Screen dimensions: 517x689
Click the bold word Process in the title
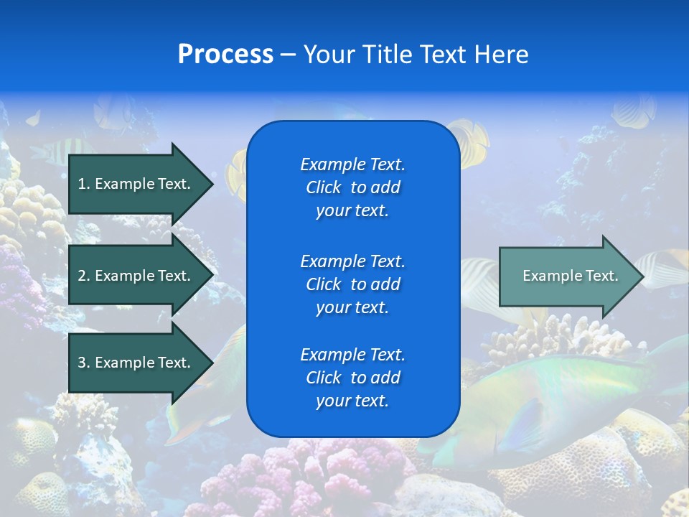[x=225, y=55]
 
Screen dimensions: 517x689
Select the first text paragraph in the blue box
[x=352, y=187]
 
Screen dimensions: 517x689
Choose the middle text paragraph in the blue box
[x=352, y=284]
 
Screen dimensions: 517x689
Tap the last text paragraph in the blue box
[x=352, y=378]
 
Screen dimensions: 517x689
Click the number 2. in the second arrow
[x=84, y=276]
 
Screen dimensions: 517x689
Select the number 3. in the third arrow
[x=84, y=363]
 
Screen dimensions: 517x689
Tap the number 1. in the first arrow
[x=84, y=184]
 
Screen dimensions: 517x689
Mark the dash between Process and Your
[x=288, y=55]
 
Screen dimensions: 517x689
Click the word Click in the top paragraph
[x=324, y=187]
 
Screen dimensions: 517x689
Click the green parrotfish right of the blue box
[x=567, y=395]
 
